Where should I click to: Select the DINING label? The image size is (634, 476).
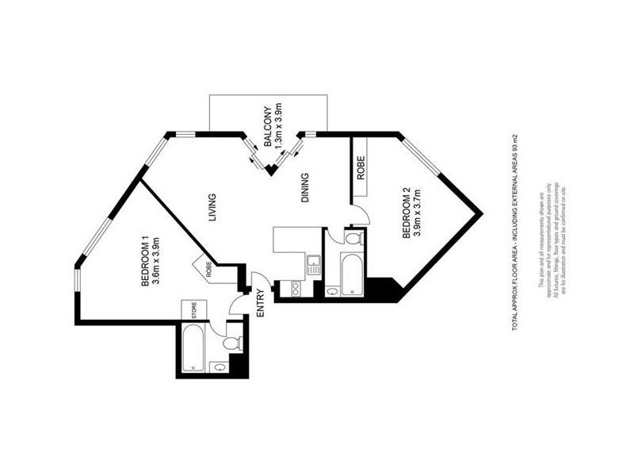point(306,189)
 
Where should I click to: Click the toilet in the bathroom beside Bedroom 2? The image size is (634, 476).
point(353,237)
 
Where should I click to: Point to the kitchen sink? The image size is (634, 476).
point(312,263)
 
